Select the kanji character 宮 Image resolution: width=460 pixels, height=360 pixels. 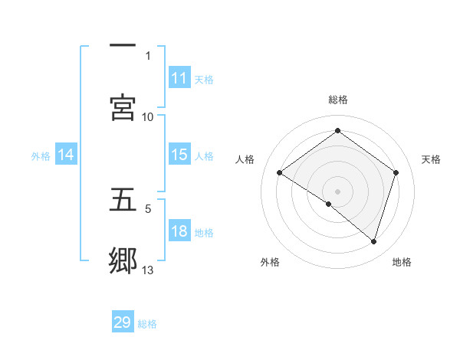pos(123,107)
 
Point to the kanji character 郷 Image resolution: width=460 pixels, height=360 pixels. pos(123,260)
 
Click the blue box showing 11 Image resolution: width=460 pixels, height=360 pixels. pos(179,78)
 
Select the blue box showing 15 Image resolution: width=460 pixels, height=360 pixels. pos(179,155)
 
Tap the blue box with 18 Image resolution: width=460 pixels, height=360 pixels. pos(179,231)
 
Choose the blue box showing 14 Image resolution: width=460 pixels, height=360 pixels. pos(66,155)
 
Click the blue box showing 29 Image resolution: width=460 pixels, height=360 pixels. pos(123,322)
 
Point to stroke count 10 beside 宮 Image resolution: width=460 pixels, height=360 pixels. pos(148,116)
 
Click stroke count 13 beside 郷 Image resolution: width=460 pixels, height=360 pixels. pos(148,270)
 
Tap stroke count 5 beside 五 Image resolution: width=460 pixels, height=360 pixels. pos(148,208)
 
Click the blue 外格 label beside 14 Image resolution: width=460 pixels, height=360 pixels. pos(41,155)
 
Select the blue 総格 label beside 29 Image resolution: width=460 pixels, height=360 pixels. pos(147,323)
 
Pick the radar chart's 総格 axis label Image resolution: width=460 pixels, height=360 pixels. pos(338,100)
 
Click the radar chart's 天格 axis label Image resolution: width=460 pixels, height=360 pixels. pos(431,159)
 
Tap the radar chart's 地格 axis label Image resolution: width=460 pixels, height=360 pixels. pos(402,262)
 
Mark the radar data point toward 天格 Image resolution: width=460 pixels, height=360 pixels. pos(396,172)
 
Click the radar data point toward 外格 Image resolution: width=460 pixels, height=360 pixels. pos(329,204)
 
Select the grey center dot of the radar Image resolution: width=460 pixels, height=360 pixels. pos(338,191)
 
